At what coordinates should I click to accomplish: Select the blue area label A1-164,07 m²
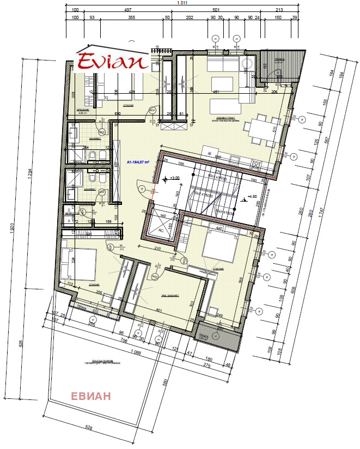(138, 162)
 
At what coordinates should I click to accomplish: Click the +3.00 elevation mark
(174, 178)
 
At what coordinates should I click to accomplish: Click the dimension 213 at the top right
(279, 10)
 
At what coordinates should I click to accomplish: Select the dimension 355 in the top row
(131, 18)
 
